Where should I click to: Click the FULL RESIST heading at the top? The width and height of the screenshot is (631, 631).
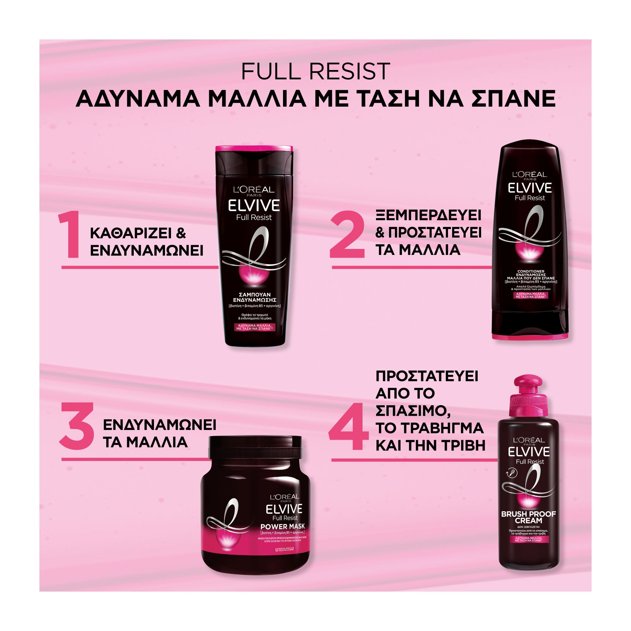pyautogui.click(x=315, y=71)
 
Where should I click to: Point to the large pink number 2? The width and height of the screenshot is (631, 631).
pyautogui.click(x=347, y=234)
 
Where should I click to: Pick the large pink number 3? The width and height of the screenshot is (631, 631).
pyautogui.click(x=77, y=426)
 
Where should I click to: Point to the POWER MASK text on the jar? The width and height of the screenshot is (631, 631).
pyautogui.click(x=282, y=527)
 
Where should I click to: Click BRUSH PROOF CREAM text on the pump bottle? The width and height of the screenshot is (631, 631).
pyautogui.click(x=528, y=517)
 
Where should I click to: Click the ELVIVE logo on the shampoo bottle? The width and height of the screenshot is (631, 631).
pyautogui.click(x=254, y=206)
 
